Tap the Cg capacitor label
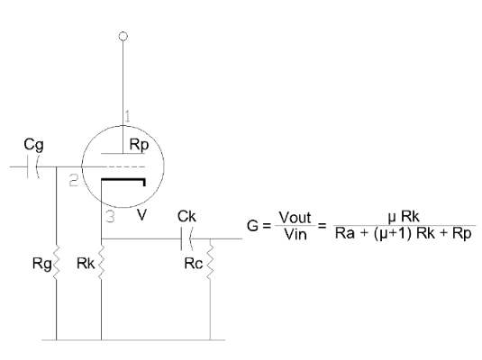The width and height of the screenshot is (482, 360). pos(34,145)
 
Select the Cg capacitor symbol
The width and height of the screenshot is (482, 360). pos(32,167)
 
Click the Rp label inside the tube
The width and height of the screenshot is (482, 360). pos(139,145)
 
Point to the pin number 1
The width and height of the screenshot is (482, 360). pos(127,116)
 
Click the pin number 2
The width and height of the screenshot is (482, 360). pos(74,180)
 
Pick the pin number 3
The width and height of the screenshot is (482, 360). pos(110,217)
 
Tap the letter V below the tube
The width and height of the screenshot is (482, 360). pos(141,215)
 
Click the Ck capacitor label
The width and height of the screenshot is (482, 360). pos(186,217)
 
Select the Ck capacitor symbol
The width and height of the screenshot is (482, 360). pos(186,238)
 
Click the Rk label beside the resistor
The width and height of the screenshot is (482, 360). pos(86,263)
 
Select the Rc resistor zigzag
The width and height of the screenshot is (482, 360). pos(210,259)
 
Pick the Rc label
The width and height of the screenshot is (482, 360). pos(194,264)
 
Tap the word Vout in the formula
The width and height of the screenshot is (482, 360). pos(296,218)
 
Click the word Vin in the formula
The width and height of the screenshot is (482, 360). pos(296,234)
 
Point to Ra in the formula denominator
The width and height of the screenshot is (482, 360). pos(344,233)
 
